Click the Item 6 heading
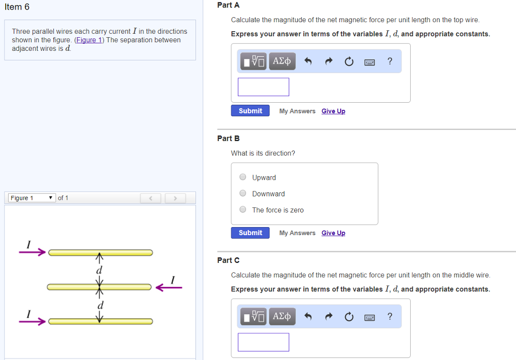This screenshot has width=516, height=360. tap(17, 7)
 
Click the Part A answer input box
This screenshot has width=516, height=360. tap(263, 87)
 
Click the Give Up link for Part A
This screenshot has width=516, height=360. tap(333, 111)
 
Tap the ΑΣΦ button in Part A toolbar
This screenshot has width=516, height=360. tap(282, 61)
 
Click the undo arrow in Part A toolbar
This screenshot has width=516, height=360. tap(309, 61)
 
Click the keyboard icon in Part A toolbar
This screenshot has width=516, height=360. tap(369, 62)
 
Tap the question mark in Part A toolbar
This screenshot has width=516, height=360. tap(390, 61)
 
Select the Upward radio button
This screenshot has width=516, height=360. tap(243, 177)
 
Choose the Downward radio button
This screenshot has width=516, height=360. tap(243, 193)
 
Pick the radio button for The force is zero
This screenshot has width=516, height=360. tap(243, 210)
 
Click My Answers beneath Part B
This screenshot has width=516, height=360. tap(297, 233)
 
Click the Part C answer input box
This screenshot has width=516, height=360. tap(263, 342)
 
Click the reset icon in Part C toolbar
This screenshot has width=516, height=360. tap(349, 317)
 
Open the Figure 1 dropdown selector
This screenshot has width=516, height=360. tap(31, 198)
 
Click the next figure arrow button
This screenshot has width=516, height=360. tap(175, 198)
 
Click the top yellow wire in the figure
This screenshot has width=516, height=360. tap(100, 252)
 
